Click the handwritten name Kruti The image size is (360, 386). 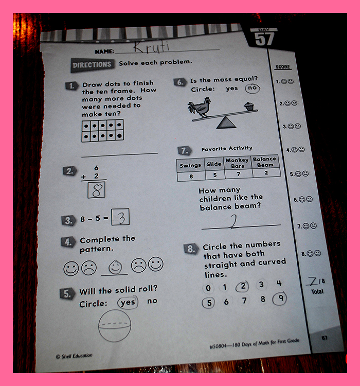click(x=152, y=47)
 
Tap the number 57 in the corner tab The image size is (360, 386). click(x=264, y=39)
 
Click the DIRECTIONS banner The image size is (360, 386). click(x=92, y=65)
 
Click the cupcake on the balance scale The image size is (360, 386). click(x=249, y=107)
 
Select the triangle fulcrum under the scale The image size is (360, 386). click(x=226, y=122)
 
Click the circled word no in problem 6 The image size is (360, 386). click(x=253, y=88)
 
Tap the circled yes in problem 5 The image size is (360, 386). click(x=128, y=302)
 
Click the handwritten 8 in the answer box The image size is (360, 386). click(x=97, y=189)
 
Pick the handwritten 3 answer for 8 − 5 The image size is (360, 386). click(x=121, y=217)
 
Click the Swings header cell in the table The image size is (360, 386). click(x=190, y=165)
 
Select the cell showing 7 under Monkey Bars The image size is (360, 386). click(x=239, y=174)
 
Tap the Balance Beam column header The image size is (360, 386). click(x=265, y=162)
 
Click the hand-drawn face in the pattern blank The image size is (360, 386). click(x=115, y=267)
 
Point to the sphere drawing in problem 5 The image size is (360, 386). click(x=114, y=326)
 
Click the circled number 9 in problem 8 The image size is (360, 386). click(x=280, y=299)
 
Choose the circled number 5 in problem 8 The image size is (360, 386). click(x=208, y=303)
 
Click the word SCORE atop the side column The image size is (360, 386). click(x=283, y=67)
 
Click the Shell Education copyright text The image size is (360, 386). click(x=74, y=356)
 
